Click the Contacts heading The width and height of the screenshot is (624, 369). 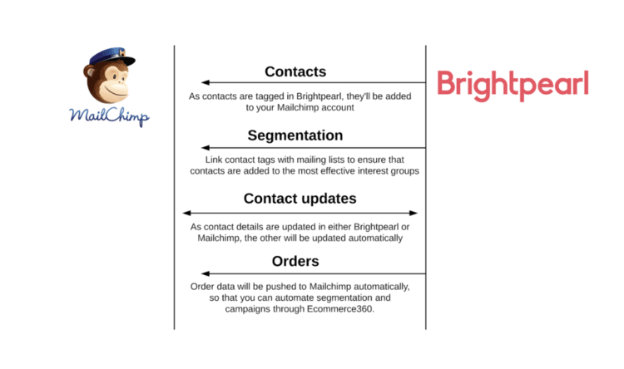(295, 71)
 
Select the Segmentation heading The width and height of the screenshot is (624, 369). (295, 135)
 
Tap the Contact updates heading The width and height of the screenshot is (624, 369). (300, 199)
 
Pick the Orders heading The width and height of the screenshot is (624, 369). (295, 261)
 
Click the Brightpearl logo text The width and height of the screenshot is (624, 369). (513, 84)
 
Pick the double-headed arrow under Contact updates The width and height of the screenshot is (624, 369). (300, 213)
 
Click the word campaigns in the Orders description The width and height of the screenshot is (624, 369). (250, 309)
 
